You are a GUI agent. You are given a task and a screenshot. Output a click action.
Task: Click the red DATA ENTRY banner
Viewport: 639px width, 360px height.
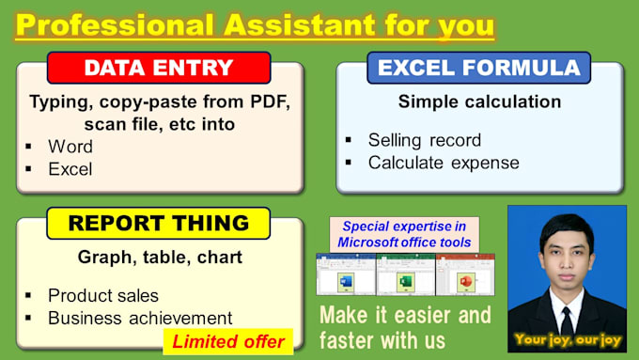pyautogui.click(x=159, y=68)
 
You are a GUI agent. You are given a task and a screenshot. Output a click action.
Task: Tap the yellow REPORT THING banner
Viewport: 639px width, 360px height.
pyautogui.click(x=159, y=223)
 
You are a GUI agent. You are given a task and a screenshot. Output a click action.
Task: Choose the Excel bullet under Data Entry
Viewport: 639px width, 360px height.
pyautogui.click(x=70, y=168)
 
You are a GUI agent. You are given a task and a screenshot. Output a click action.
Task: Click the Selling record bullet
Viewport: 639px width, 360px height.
pyautogui.click(x=424, y=140)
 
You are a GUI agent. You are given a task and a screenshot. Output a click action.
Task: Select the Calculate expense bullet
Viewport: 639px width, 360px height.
pyautogui.click(x=443, y=162)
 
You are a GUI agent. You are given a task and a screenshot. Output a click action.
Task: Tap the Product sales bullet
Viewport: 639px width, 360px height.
pyautogui.click(x=103, y=295)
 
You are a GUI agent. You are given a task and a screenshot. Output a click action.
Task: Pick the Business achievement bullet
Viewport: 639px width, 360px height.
pyautogui.click(x=140, y=318)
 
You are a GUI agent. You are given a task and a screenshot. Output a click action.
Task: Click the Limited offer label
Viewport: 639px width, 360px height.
pyautogui.click(x=227, y=339)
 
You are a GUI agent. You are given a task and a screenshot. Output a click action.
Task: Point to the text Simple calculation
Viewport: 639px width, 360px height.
pyautogui.click(x=479, y=102)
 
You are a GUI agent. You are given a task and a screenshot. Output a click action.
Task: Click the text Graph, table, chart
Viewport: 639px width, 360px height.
pyautogui.click(x=159, y=257)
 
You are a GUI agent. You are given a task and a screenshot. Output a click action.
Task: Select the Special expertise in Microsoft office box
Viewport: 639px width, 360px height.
pyautogui.click(x=405, y=234)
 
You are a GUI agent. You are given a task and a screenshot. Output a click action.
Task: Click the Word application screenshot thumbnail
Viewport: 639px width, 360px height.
pyautogui.click(x=345, y=274)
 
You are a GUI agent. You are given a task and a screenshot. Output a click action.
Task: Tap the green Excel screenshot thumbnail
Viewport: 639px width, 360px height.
pyautogui.click(x=405, y=274)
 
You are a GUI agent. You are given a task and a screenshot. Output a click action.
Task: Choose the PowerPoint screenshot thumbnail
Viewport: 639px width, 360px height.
pyautogui.click(x=465, y=274)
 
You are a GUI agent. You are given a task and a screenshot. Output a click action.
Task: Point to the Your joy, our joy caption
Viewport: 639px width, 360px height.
pyautogui.click(x=567, y=338)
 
